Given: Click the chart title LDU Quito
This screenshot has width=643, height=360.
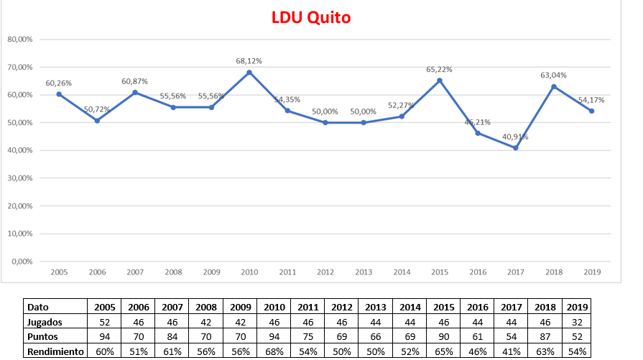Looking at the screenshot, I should [x=311, y=17].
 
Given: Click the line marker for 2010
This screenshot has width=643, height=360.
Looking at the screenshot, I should [x=249, y=72].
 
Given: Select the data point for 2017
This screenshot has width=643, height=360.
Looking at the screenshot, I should [x=516, y=148].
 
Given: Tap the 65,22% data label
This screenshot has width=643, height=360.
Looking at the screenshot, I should [x=440, y=70].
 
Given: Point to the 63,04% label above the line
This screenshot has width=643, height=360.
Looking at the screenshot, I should [x=554, y=75].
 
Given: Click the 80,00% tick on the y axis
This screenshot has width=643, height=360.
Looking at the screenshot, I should [x=20, y=40].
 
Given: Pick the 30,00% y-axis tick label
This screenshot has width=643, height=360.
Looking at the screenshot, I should [x=20, y=178].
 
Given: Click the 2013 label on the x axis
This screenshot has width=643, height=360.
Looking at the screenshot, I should [x=364, y=272].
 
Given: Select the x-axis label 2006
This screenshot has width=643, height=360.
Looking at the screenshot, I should [x=97, y=272].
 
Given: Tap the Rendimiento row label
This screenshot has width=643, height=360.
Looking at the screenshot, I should [x=55, y=351].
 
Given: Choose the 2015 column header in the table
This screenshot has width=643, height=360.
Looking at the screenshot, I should [x=443, y=306].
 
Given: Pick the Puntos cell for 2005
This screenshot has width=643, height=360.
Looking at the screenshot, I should [x=104, y=336].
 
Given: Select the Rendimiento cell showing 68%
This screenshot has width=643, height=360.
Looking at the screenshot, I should [x=274, y=351].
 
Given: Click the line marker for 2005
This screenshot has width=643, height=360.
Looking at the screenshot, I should [x=59, y=94].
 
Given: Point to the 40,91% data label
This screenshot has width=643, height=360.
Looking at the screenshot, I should [x=516, y=137].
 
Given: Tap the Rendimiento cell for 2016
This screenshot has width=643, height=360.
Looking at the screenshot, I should [x=477, y=351].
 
